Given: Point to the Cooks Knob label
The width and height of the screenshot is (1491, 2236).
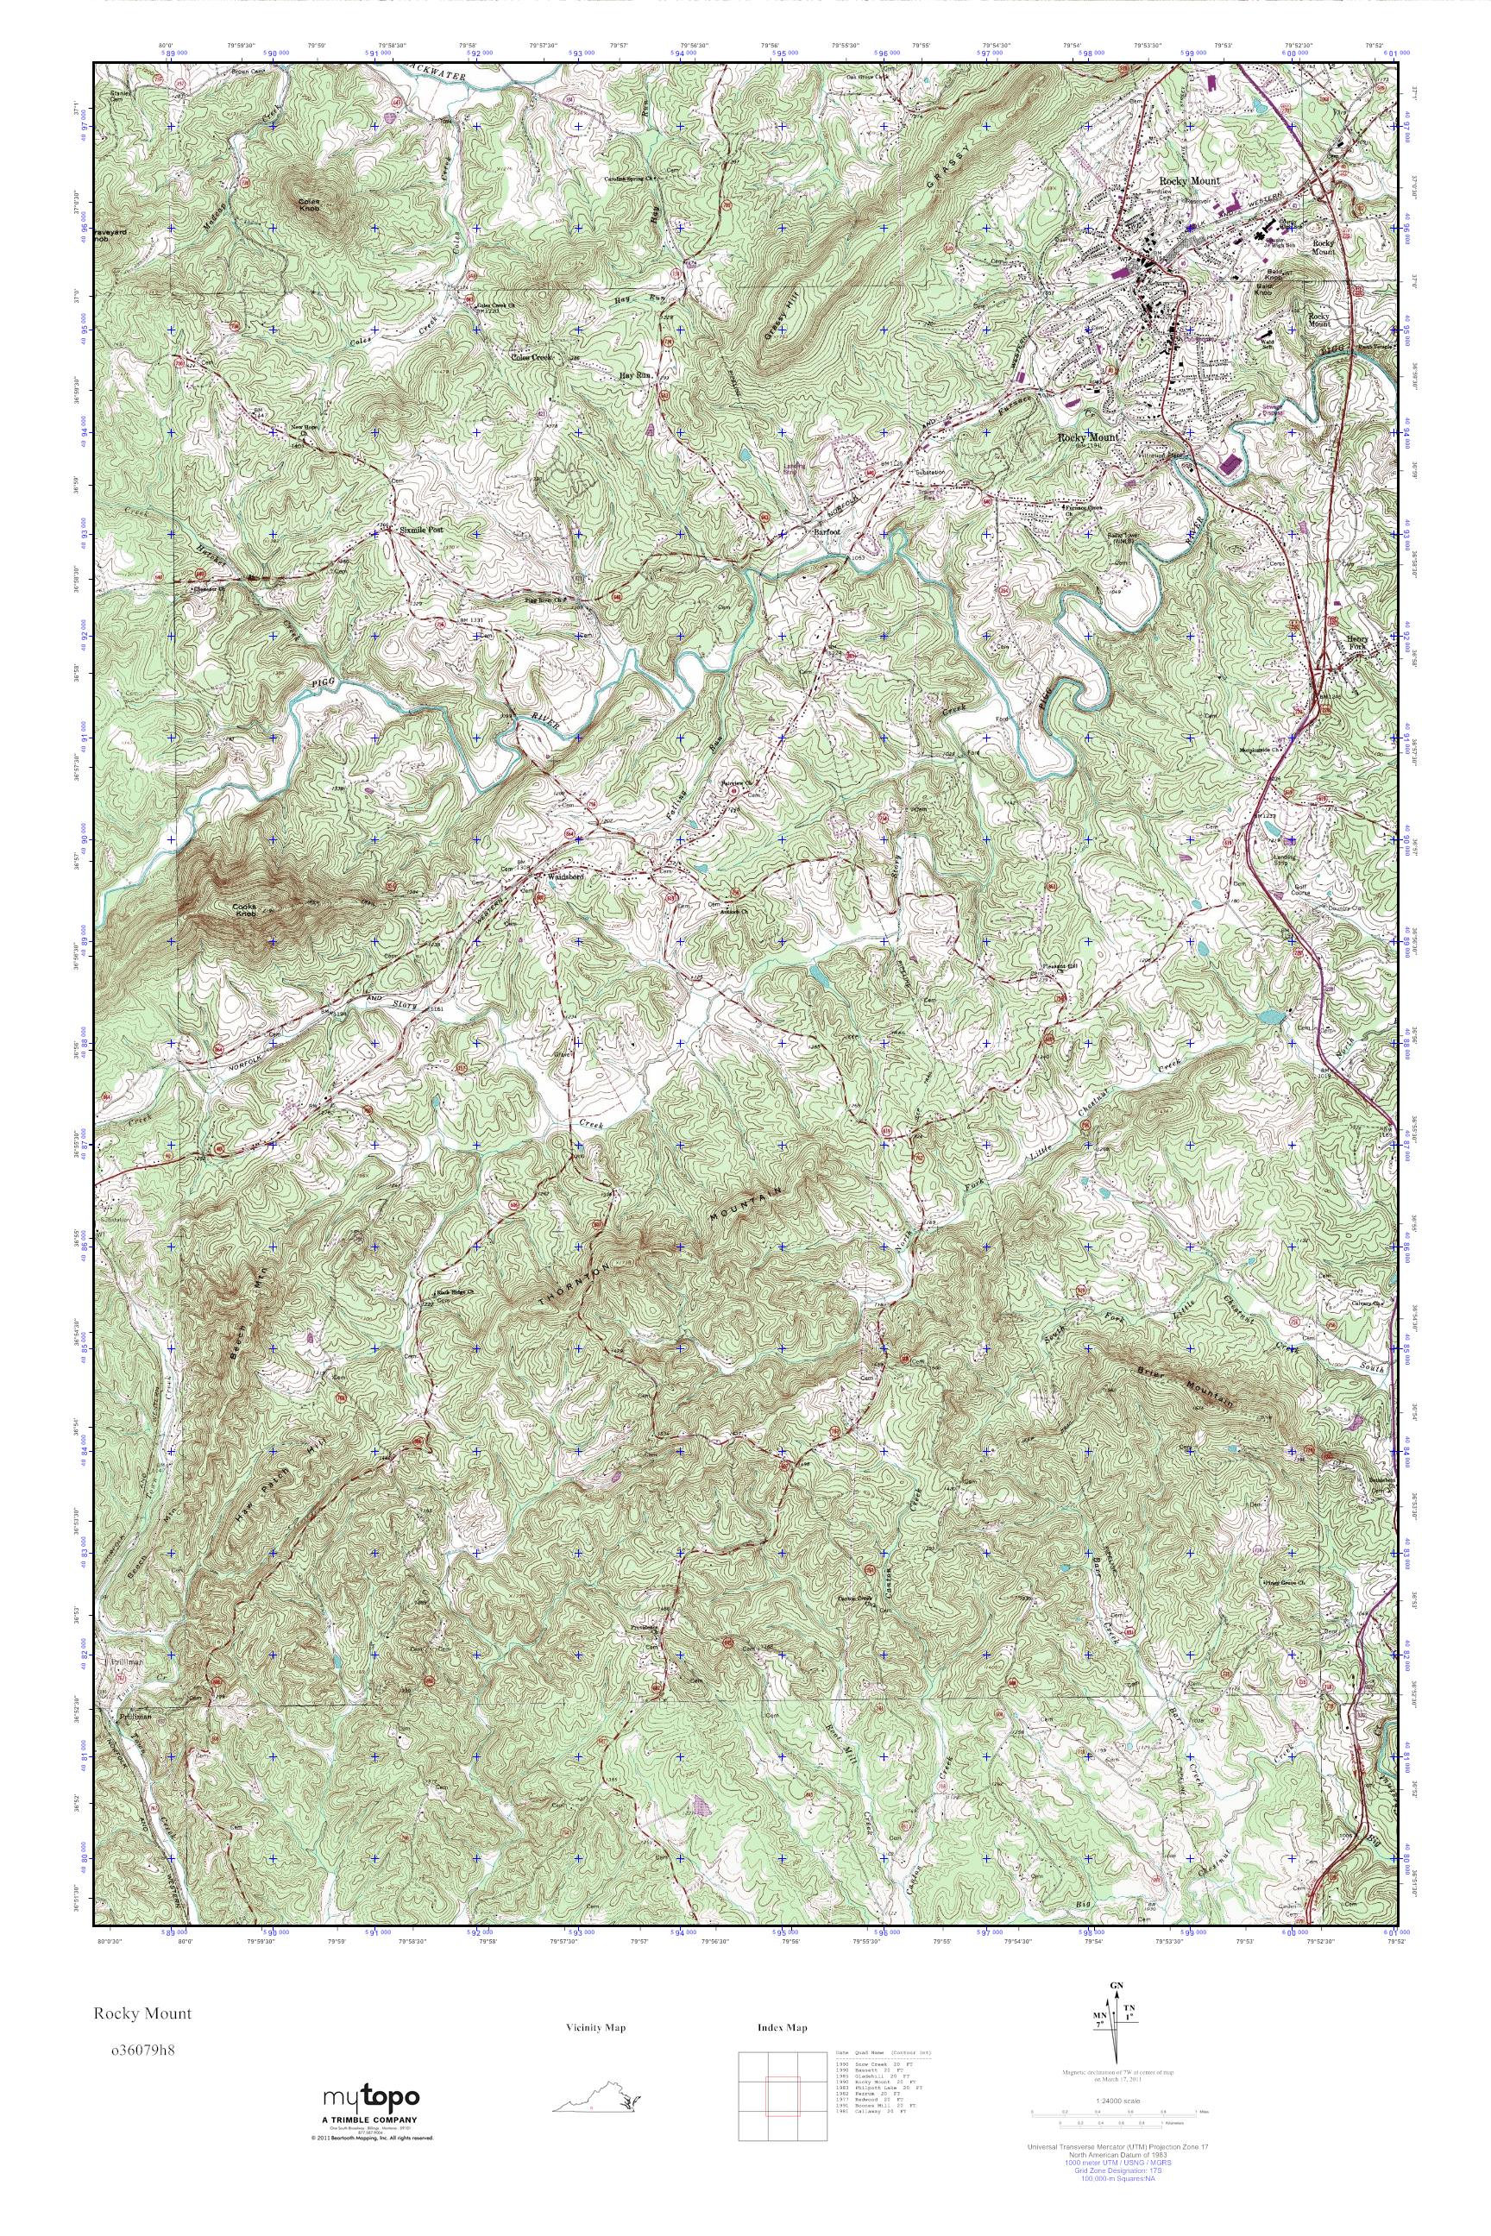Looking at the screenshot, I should click(x=244, y=911).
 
